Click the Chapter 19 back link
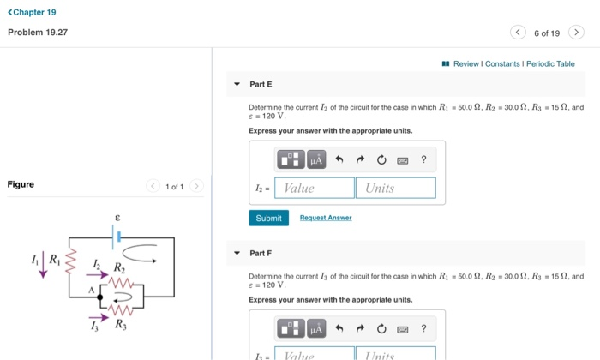pyautogui.click(x=32, y=12)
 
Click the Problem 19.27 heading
pyautogui.click(x=38, y=33)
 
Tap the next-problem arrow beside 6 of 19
pyautogui.click(x=577, y=33)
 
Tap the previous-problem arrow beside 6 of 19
pyautogui.click(x=518, y=33)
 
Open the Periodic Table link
pyautogui.click(x=550, y=64)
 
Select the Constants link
pyautogui.click(x=502, y=64)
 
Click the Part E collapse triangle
pyautogui.click(x=237, y=85)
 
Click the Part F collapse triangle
pyautogui.click(x=237, y=253)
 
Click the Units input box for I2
pyautogui.click(x=395, y=189)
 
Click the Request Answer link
pyautogui.click(x=326, y=219)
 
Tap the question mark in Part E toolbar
pyautogui.click(x=423, y=159)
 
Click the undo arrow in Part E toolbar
pyautogui.click(x=339, y=159)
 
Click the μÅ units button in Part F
pyautogui.click(x=315, y=328)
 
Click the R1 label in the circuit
pyautogui.click(x=55, y=257)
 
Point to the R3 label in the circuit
pyautogui.click(x=120, y=325)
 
